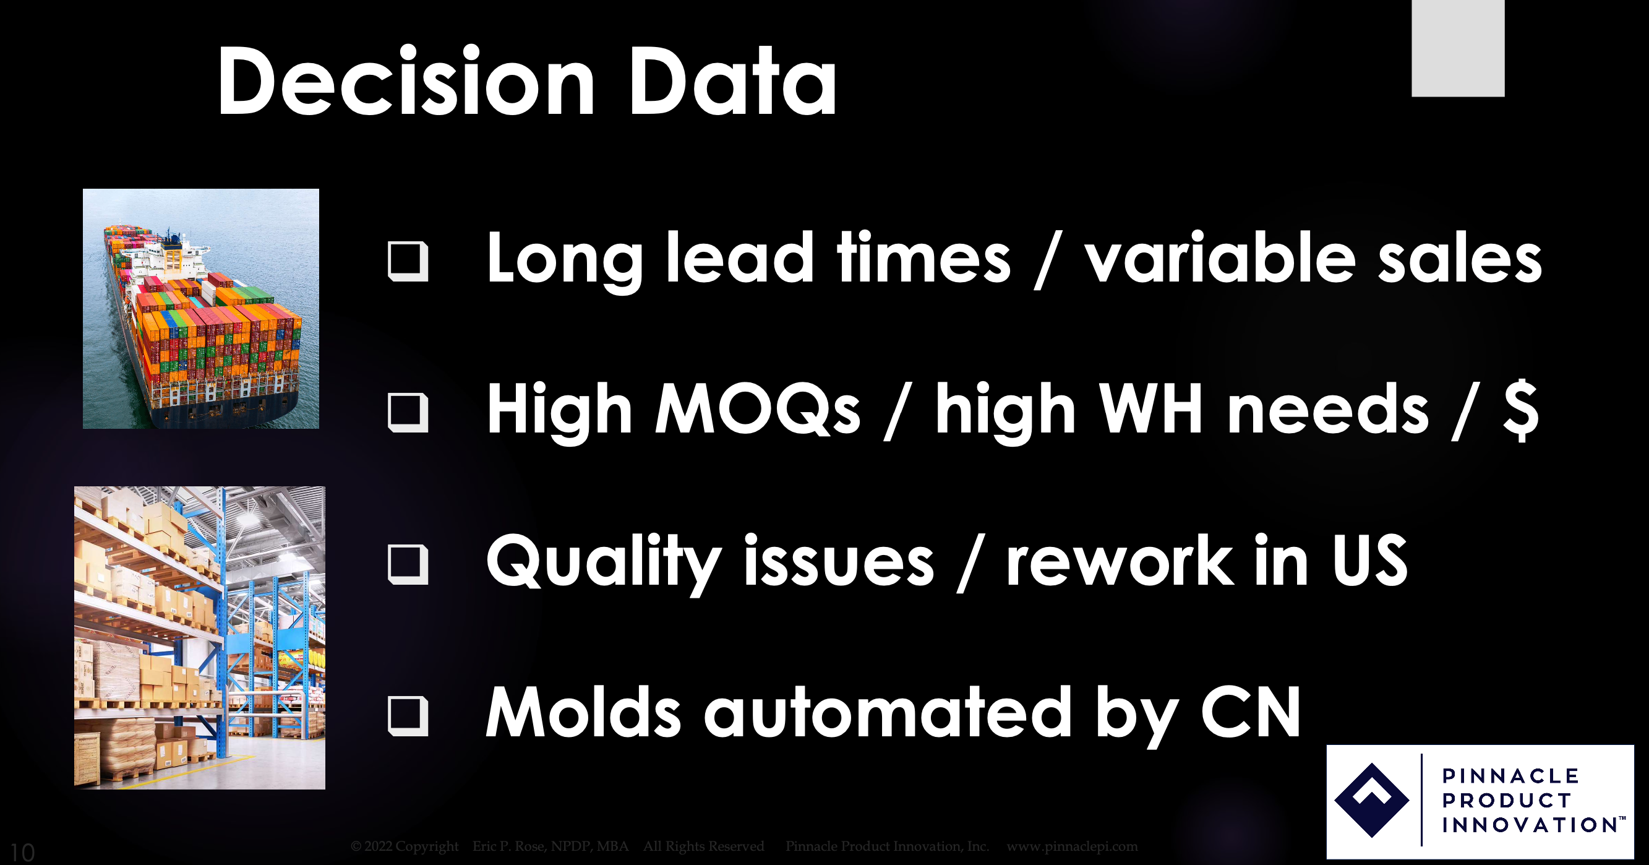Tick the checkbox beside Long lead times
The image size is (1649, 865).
(408, 261)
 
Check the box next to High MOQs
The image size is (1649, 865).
(408, 412)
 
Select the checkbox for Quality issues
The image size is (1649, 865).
(408, 564)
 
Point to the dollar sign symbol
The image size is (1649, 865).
(1521, 410)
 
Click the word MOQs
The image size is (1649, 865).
(758, 410)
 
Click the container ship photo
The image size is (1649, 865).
(201, 309)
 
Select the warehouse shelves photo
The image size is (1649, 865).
(200, 638)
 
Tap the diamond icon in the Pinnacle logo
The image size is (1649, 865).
(1371, 800)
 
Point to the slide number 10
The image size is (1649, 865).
(22, 852)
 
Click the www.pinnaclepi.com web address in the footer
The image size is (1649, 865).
(1073, 846)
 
